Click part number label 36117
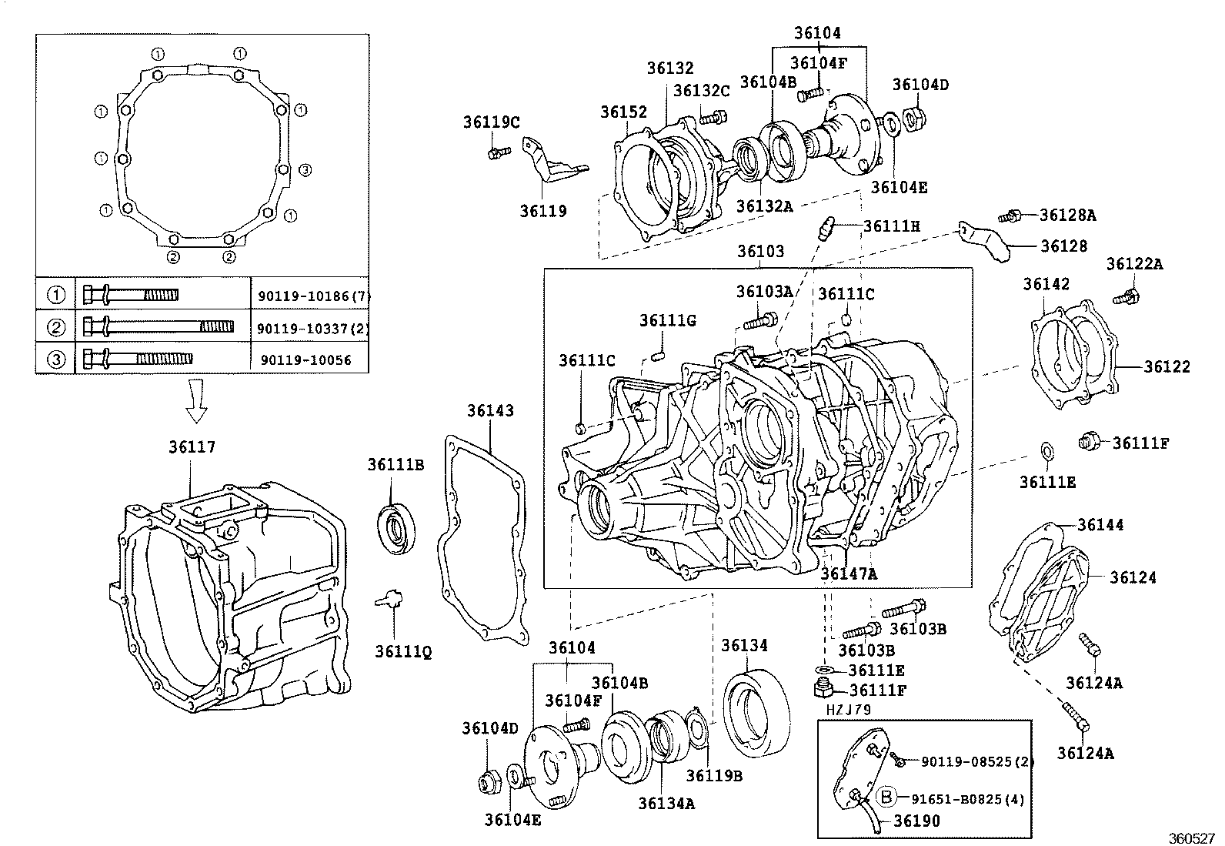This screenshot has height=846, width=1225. (x=192, y=447)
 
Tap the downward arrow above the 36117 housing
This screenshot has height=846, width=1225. (x=197, y=403)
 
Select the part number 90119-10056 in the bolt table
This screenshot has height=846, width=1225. (x=305, y=359)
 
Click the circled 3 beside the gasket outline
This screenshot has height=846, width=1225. (x=305, y=170)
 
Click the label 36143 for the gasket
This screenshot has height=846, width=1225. (x=489, y=411)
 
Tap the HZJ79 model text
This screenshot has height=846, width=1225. (x=849, y=710)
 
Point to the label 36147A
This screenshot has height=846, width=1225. (x=849, y=573)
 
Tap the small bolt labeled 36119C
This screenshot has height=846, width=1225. (x=496, y=152)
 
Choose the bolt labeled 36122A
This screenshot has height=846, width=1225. (x=1130, y=296)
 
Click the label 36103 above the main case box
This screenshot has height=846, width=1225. (x=760, y=252)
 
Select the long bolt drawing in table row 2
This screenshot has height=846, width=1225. (x=158, y=326)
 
